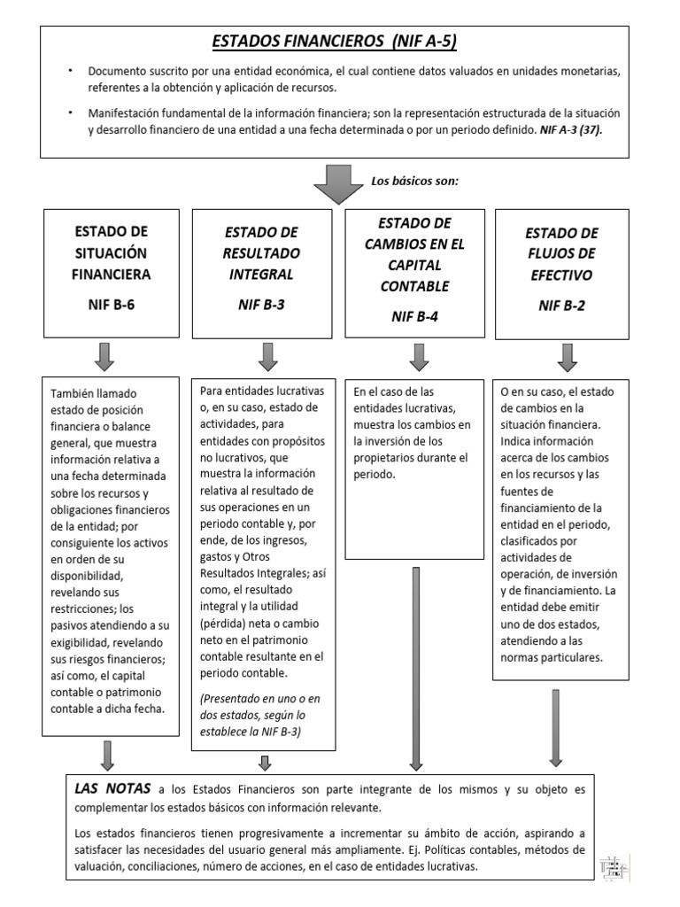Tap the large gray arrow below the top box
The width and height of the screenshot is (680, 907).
pyautogui.click(x=333, y=184)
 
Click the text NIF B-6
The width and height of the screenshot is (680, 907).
pyautogui.click(x=111, y=306)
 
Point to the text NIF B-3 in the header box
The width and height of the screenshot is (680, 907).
pyautogui.click(x=262, y=306)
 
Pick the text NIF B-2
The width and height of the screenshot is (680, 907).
pyautogui.click(x=561, y=306)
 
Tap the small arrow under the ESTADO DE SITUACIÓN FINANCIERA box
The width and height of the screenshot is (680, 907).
pyautogui.click(x=104, y=356)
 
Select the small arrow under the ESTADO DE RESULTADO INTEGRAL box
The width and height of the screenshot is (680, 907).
pyautogui.click(x=268, y=356)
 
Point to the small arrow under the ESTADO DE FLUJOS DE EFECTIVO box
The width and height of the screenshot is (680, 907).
pyautogui.click(x=568, y=356)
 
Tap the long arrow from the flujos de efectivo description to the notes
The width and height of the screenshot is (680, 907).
pyautogui.click(x=555, y=726)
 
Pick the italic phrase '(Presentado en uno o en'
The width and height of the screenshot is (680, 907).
pyautogui.click(x=261, y=699)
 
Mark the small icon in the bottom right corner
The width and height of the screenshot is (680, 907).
pyautogui.click(x=615, y=867)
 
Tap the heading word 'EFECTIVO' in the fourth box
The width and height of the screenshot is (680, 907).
pyautogui.click(x=561, y=275)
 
